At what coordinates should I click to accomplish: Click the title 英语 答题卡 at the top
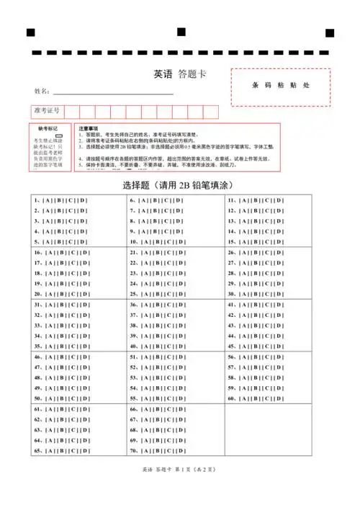pos(180,74)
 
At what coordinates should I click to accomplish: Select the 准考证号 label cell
pos(46,112)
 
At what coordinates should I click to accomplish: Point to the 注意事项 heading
pos(89,127)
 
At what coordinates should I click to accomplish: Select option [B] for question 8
pos(155,222)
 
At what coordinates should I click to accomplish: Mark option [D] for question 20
pos(85,294)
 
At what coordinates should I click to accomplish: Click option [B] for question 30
pos(255,294)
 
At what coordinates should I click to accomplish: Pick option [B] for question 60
pos(255,398)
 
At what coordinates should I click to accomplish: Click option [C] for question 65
pos(73,451)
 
